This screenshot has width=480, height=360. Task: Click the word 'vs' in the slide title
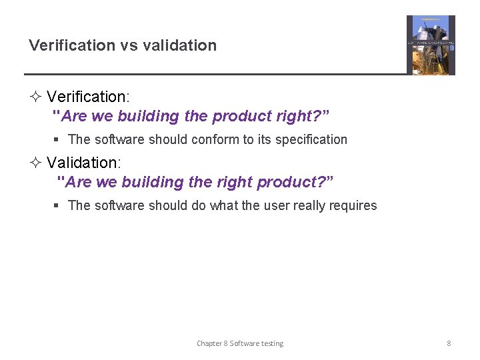tap(128, 46)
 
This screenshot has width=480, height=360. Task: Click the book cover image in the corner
tap(431, 45)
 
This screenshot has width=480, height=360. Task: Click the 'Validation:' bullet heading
tap(83, 163)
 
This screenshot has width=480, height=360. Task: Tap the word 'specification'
tap(311, 140)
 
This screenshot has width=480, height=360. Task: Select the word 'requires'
tap(353, 206)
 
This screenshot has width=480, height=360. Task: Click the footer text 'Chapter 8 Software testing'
tap(240, 343)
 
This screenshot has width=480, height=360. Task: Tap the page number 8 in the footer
tap(449, 343)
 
